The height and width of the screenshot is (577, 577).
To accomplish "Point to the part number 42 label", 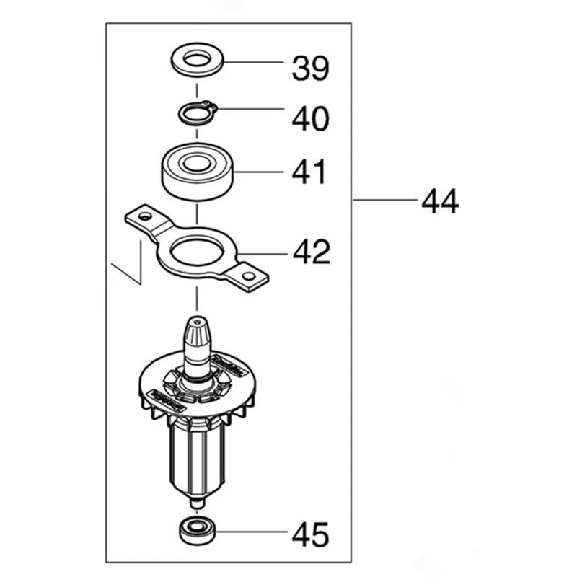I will [x=311, y=252].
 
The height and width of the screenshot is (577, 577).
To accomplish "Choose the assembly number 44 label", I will [x=440, y=201].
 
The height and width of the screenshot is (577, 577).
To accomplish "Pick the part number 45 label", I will [x=310, y=534].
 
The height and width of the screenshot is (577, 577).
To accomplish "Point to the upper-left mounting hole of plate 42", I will [x=144, y=215].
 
